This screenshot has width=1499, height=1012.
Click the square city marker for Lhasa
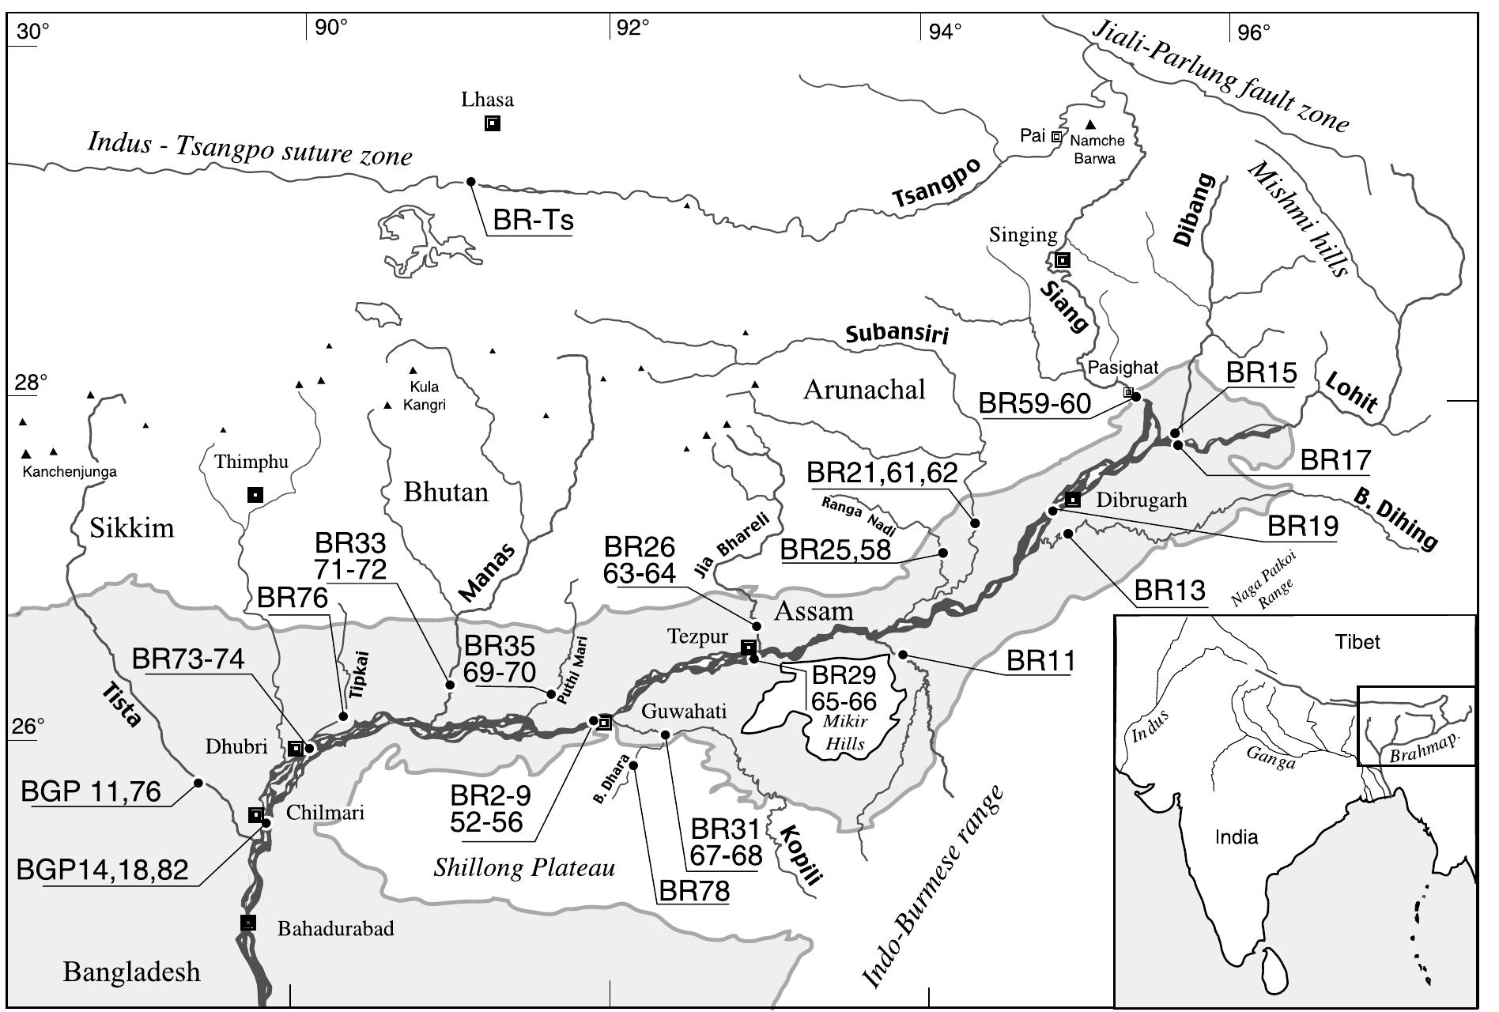[x=493, y=123]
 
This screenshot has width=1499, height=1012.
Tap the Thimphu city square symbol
[x=255, y=495]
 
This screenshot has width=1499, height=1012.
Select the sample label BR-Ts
[x=532, y=220]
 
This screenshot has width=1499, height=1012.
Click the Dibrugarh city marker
[x=1072, y=499]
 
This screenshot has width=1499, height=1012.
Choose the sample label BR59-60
[x=1034, y=403]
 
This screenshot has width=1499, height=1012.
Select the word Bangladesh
[x=132, y=972]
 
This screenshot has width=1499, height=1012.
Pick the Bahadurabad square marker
[x=248, y=922]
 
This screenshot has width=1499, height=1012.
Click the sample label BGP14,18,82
[x=103, y=870]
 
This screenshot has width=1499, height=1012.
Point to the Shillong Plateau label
[x=524, y=868]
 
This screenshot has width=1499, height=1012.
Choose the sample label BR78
[x=694, y=892]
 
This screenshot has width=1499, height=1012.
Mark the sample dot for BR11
[x=902, y=654]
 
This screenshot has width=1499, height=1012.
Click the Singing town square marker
[x=1063, y=259]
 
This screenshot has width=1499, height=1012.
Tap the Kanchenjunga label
[x=70, y=472]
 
